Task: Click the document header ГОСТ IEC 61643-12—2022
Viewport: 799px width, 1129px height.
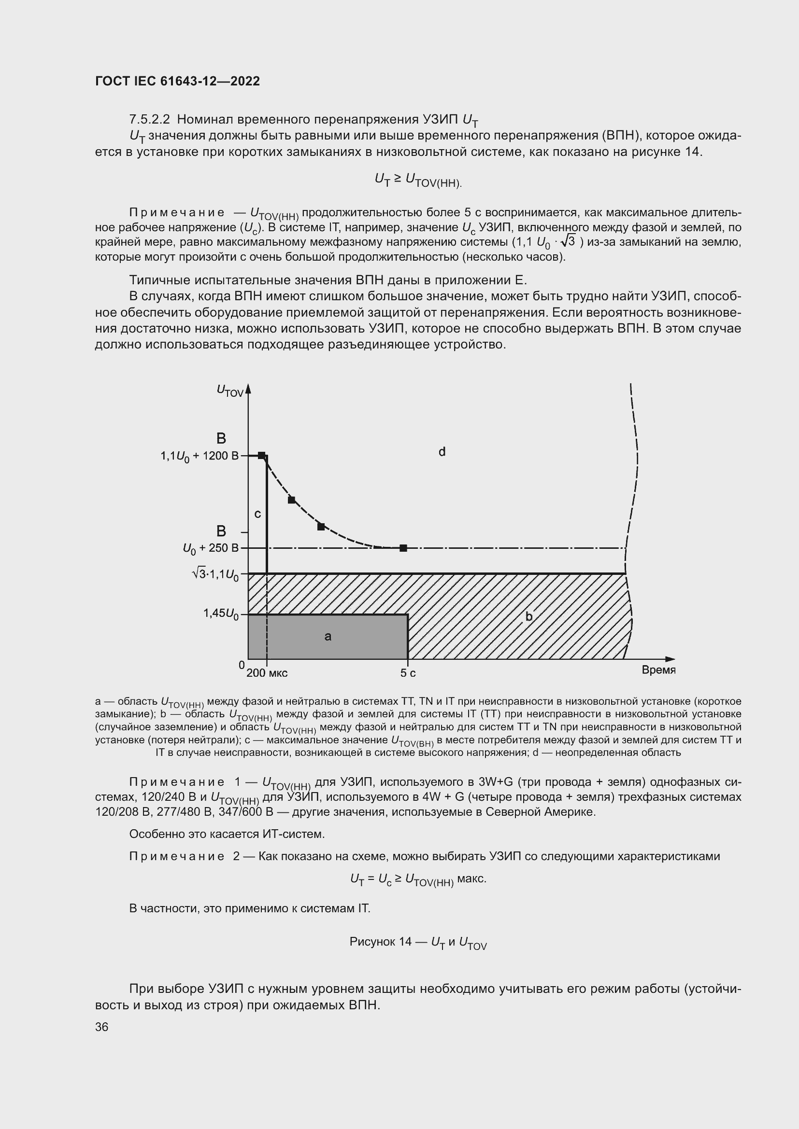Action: (x=177, y=81)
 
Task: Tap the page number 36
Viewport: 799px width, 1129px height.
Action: (x=101, y=1027)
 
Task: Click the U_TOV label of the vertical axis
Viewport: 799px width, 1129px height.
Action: (x=230, y=390)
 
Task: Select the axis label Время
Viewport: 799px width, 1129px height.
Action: (x=658, y=670)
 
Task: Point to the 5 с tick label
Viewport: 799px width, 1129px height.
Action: (x=408, y=673)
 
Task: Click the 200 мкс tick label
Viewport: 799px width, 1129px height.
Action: (x=267, y=673)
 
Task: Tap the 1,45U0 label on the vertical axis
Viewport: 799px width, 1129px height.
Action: (x=221, y=613)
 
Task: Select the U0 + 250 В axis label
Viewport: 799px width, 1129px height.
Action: (x=211, y=548)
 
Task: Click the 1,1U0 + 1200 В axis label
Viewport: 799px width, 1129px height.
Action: (x=199, y=456)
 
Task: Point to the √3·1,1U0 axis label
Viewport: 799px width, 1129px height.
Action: (x=215, y=574)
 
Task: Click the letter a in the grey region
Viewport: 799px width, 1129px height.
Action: (x=328, y=637)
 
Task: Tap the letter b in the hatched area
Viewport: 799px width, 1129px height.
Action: (x=529, y=616)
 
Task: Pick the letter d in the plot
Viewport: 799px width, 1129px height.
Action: (x=442, y=451)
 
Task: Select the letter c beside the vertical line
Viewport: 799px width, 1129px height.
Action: (x=257, y=514)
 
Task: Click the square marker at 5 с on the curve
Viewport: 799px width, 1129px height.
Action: (x=403, y=548)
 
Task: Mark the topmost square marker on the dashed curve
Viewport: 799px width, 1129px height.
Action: (x=261, y=455)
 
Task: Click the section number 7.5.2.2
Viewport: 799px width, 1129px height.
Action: (x=149, y=120)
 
